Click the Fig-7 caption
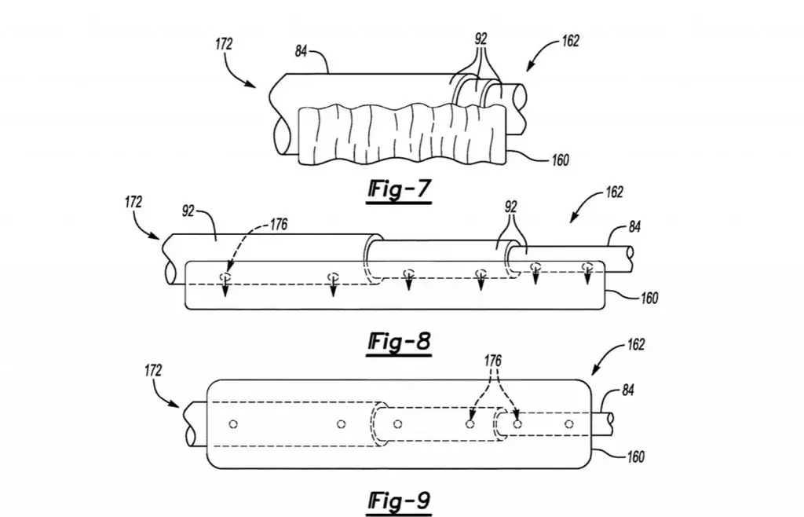click(x=399, y=190)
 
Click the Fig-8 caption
click(x=399, y=342)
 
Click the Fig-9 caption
click(x=399, y=501)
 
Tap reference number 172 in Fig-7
click(x=224, y=44)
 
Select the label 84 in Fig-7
click(x=301, y=51)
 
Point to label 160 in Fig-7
click(x=560, y=160)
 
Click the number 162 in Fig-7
click(x=571, y=41)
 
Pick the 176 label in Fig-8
click(x=279, y=224)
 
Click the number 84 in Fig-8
click(x=634, y=226)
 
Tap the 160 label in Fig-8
click(x=649, y=298)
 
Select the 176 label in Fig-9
click(x=493, y=361)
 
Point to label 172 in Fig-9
click(x=153, y=370)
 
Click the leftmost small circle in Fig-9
click(x=233, y=424)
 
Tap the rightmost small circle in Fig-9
click(x=568, y=424)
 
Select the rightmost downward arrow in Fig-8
click(x=587, y=274)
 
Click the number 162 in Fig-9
click(x=636, y=344)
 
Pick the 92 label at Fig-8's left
click(x=188, y=211)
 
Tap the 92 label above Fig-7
click(x=481, y=39)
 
